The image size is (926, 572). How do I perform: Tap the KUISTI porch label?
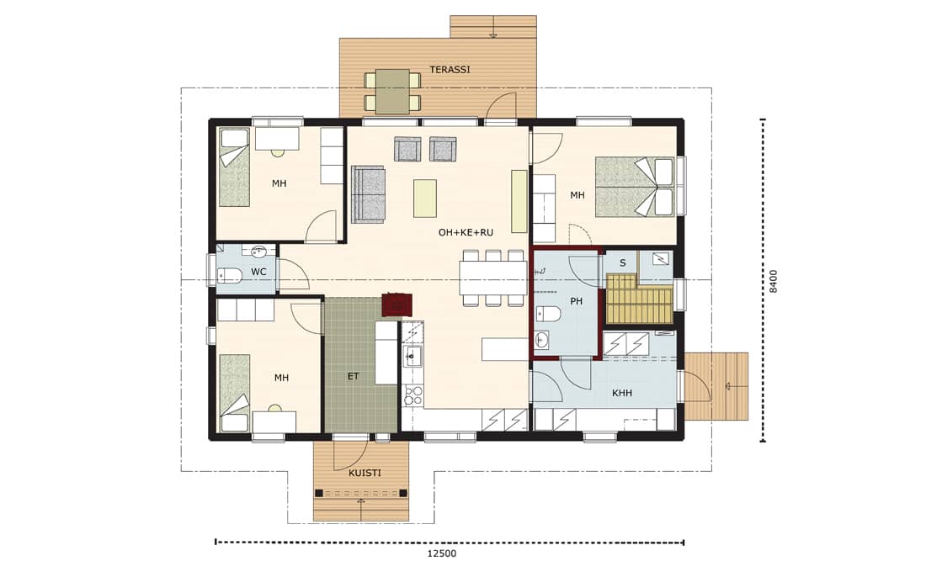(x=365, y=474)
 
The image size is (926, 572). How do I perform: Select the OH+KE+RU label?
(x=466, y=232)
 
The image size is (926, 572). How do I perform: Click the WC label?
(x=258, y=273)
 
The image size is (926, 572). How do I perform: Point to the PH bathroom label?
(x=577, y=302)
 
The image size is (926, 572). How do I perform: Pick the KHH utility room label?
(x=622, y=393)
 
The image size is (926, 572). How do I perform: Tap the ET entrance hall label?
(x=354, y=376)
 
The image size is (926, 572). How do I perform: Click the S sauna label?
(x=622, y=263)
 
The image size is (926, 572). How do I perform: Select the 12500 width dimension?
(x=442, y=553)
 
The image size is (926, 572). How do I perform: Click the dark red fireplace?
(x=396, y=305)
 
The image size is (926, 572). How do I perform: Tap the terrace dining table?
(x=393, y=92)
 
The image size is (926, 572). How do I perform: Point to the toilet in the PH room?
(x=548, y=314)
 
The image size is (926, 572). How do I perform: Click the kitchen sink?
(x=412, y=356)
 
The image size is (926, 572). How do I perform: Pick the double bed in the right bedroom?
(x=634, y=187)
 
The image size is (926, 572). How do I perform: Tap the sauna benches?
(x=640, y=298)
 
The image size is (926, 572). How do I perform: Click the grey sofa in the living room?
(x=368, y=194)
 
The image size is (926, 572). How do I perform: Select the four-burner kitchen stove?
(x=412, y=396)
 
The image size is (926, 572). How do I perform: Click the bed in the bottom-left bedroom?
(x=235, y=393)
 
